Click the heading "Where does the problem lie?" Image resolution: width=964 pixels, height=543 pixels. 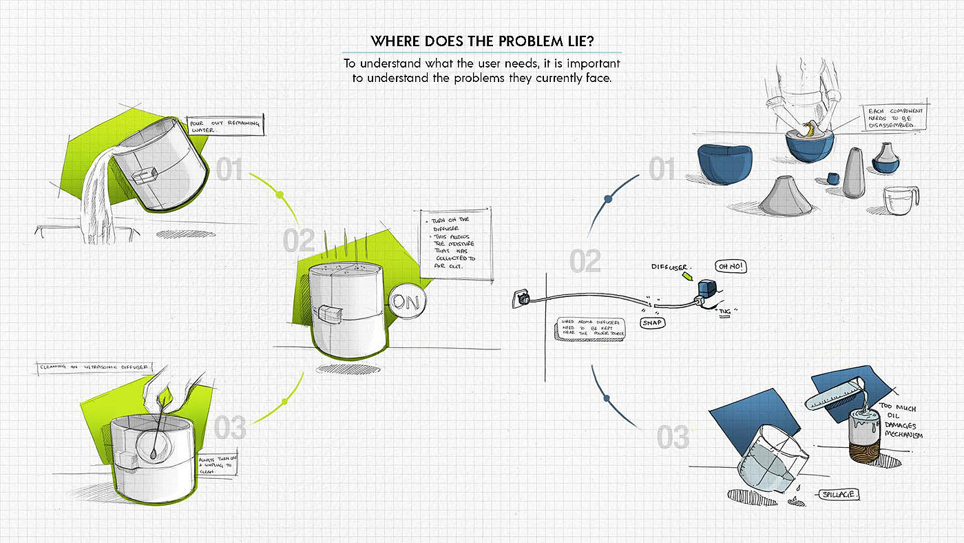(x=482, y=40)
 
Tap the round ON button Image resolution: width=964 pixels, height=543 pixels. (x=407, y=302)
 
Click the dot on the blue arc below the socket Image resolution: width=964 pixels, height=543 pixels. (x=606, y=398)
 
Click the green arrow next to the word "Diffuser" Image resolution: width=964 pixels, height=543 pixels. (x=686, y=276)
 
